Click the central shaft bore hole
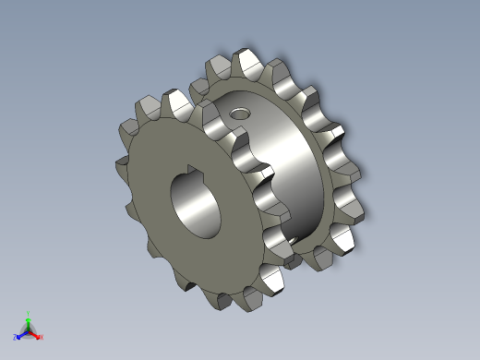click(197, 204)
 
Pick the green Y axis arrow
click(29, 321)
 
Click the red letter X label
click(42, 337)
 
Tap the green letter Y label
click(29, 313)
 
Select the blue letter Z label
click(16, 337)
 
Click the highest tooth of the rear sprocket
click(246, 62)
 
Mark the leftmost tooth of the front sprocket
click(123, 164)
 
